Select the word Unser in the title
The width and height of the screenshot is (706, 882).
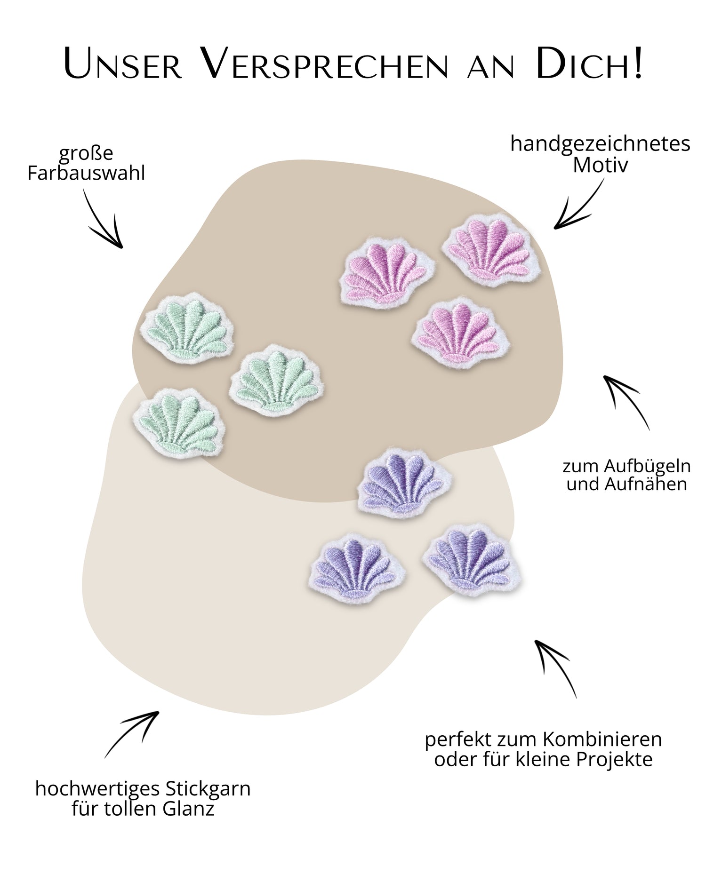123,64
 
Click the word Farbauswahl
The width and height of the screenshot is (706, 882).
86,173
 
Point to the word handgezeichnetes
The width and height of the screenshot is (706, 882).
600,143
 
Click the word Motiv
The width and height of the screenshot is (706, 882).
600,165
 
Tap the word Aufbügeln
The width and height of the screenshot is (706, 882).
648,466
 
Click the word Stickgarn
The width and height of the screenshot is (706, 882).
208,789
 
